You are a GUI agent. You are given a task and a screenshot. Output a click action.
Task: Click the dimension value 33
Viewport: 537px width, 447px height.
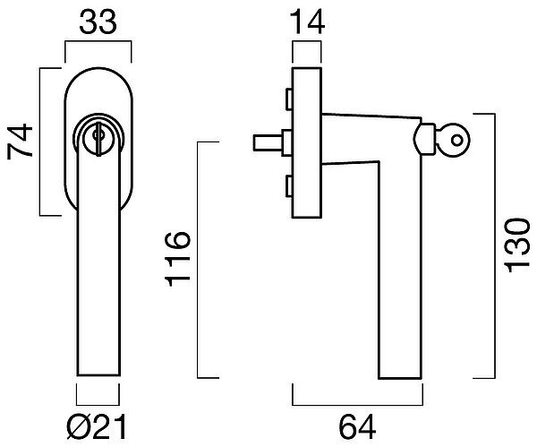click(x=98, y=22)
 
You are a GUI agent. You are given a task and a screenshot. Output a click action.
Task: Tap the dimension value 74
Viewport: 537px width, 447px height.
click(x=20, y=142)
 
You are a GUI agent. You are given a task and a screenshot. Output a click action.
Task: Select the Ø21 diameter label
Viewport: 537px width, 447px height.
click(x=97, y=427)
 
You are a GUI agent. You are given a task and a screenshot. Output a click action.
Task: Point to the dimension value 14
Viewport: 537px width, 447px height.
click(x=307, y=22)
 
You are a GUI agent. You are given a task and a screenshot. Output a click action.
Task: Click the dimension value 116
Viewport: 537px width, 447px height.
click(x=177, y=259)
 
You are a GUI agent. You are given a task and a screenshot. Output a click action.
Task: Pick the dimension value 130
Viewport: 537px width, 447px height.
click(x=517, y=245)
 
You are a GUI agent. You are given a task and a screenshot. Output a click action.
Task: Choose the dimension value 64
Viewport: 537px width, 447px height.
click(x=357, y=427)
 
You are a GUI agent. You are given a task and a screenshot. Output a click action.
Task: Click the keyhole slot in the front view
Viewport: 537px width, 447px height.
click(x=98, y=139)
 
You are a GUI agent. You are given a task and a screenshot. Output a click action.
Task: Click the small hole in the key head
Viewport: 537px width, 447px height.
click(x=456, y=141)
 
